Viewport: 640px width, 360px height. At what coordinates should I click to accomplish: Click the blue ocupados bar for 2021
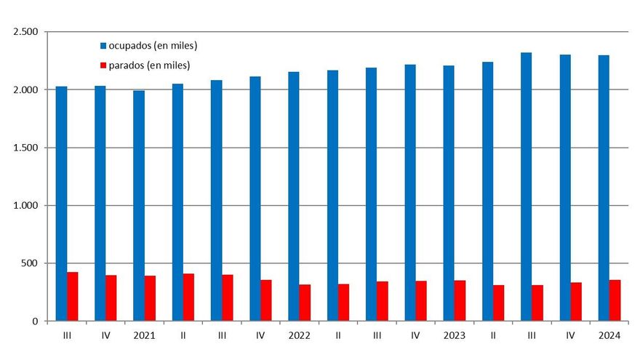click(x=139, y=206)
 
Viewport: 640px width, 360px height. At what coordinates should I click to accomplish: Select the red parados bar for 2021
click(x=150, y=298)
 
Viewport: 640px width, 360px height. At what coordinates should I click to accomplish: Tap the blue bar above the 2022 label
click(x=294, y=196)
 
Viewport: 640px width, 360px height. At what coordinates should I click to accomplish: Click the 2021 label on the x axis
click(x=144, y=335)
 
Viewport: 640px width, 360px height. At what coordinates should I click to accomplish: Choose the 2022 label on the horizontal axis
click(x=299, y=335)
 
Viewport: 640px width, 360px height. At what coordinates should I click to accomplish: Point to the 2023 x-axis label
click(x=454, y=335)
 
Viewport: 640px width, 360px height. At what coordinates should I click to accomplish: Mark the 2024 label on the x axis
click(x=609, y=335)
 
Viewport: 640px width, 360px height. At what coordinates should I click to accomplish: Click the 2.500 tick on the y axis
click(x=25, y=32)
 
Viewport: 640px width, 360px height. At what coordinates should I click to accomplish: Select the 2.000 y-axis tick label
click(x=25, y=90)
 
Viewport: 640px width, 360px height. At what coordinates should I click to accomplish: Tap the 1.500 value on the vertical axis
click(x=25, y=148)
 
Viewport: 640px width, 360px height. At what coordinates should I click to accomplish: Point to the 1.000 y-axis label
click(x=25, y=206)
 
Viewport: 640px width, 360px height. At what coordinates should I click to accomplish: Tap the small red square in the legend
click(x=103, y=66)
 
